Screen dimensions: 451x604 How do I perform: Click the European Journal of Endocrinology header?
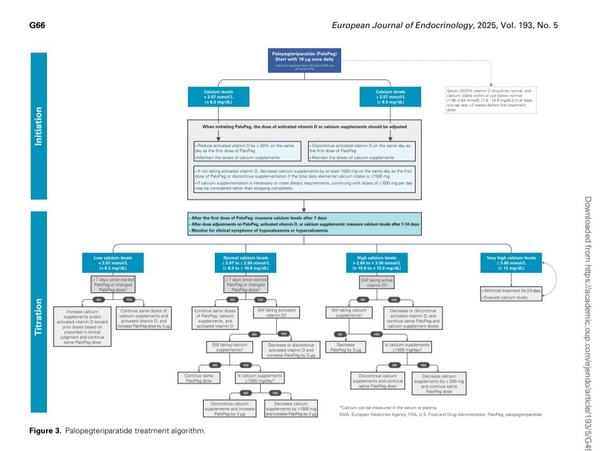(445, 26)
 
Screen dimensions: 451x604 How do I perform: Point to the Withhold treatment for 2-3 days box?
(511, 291)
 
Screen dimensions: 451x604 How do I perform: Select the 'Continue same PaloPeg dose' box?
(200, 378)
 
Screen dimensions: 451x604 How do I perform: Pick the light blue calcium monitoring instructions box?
(304, 224)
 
